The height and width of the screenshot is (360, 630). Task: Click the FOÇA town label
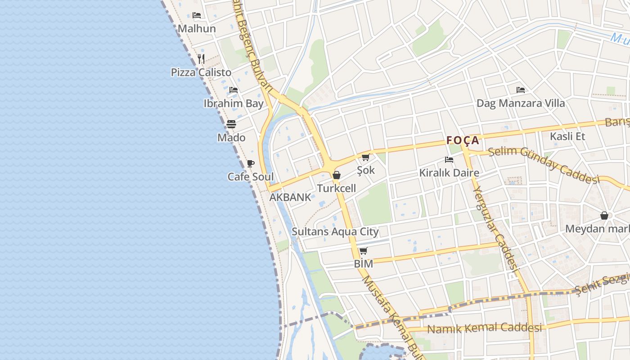click(463, 140)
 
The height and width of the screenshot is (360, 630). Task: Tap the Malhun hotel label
click(197, 29)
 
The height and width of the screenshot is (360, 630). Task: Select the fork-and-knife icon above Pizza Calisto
click(201, 58)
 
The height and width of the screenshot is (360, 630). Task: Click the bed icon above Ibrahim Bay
click(233, 90)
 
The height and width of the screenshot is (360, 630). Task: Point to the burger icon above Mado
click(231, 124)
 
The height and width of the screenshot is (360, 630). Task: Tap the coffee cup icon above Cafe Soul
click(250, 163)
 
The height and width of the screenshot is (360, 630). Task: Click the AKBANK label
click(290, 197)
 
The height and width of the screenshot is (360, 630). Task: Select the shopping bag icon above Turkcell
click(336, 175)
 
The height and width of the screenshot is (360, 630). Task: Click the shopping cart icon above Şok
click(365, 157)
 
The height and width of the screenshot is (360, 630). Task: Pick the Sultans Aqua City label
click(335, 232)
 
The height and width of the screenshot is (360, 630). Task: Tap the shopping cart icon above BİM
click(363, 251)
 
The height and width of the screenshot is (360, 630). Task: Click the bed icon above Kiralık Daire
click(449, 159)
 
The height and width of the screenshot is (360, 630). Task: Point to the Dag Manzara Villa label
click(521, 103)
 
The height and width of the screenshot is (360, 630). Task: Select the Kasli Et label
click(567, 136)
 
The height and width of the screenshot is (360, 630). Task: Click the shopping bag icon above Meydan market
click(604, 216)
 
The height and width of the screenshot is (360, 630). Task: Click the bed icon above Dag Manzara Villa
click(521, 90)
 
